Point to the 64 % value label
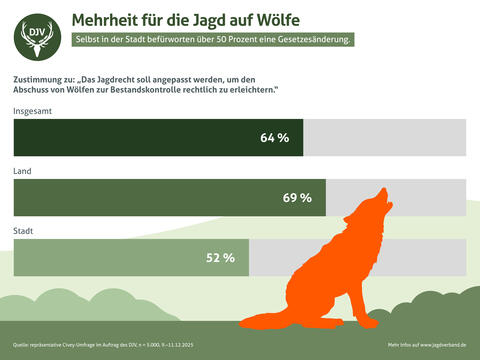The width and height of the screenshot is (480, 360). [274, 138]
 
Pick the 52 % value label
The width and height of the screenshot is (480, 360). [220, 258]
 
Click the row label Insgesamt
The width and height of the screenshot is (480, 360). [33, 111]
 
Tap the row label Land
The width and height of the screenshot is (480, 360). [22, 171]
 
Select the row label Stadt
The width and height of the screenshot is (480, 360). [24, 231]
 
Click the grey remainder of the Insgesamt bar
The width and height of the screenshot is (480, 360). [384, 138]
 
